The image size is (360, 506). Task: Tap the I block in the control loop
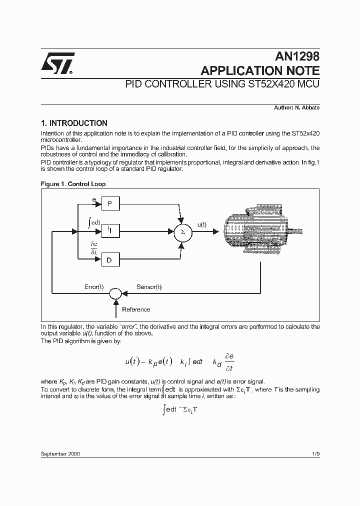point(110,230)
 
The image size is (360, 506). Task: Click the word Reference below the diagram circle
point(136,309)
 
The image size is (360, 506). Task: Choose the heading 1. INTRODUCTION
point(74,123)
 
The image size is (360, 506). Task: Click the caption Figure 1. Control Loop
point(73,184)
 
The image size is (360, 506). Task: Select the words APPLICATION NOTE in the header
point(259,70)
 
